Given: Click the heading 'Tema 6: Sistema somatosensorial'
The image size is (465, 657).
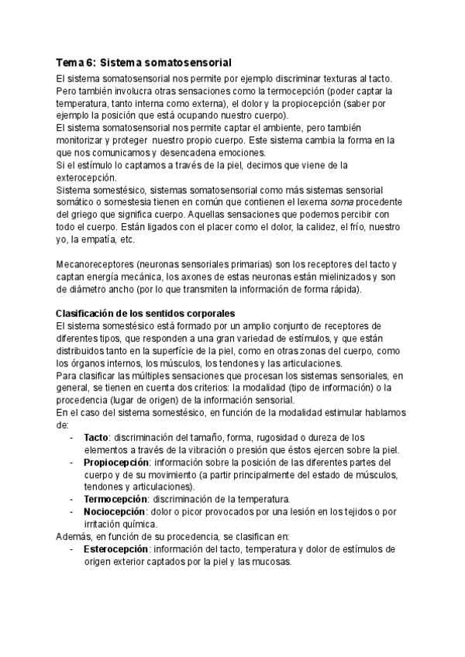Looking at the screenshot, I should pos(143,62).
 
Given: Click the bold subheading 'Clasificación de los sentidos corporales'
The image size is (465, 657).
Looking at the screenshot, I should pos(145,313).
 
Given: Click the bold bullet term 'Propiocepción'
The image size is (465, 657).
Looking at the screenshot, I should pos(116,462).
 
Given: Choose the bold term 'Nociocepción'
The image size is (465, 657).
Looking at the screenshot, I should pos(115,512).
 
